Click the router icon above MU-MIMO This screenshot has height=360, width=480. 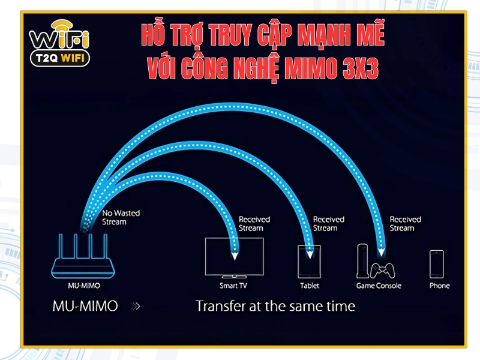83,257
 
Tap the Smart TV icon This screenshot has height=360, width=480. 235,258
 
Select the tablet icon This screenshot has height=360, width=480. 309,262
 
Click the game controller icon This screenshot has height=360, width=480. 382,271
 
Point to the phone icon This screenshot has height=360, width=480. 437,264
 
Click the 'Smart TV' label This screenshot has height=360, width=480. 233,286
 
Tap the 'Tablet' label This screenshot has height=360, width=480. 310,286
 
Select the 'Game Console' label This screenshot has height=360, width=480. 379,286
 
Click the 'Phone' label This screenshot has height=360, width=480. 440,286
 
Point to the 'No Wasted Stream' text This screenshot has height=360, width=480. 121,217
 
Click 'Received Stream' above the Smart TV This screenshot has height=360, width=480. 254,224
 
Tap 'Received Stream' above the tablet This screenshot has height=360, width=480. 329,224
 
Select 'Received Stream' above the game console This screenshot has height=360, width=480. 406,224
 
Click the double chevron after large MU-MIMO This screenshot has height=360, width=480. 136,306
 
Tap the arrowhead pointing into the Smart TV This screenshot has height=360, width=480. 235,256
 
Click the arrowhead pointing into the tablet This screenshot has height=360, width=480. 310,254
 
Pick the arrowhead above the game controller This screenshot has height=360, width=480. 381,252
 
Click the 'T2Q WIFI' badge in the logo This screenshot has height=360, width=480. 60,58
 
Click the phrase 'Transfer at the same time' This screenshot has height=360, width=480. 275,306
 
